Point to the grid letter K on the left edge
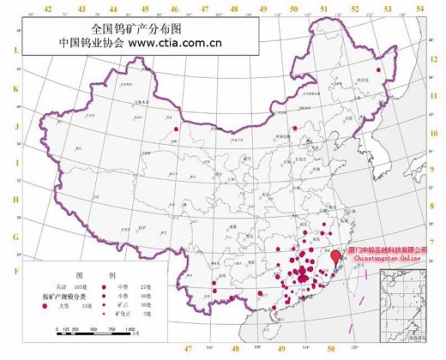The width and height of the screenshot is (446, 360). tap(15, 89)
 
